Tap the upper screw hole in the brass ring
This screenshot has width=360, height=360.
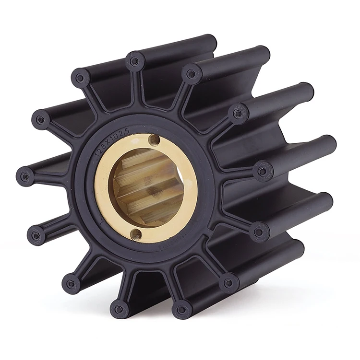click(x=154, y=139)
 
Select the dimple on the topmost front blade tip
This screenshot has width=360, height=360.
click(x=134, y=61)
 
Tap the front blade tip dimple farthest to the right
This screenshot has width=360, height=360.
click(x=263, y=171)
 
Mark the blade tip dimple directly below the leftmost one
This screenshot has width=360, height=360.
click(x=36, y=235)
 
